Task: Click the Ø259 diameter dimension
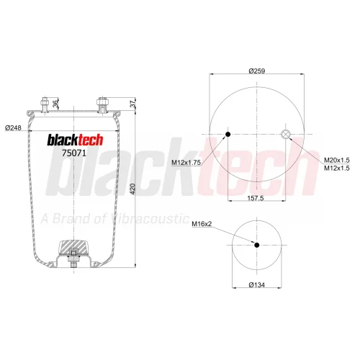point(257,71)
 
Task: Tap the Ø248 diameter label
point(13,127)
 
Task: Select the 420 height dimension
point(133,189)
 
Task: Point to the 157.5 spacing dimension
point(256,198)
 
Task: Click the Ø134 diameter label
point(257,285)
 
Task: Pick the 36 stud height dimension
point(55,104)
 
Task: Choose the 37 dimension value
point(132,104)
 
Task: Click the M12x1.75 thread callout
point(186,163)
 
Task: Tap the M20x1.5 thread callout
point(337,160)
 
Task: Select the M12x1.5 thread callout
point(337,168)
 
